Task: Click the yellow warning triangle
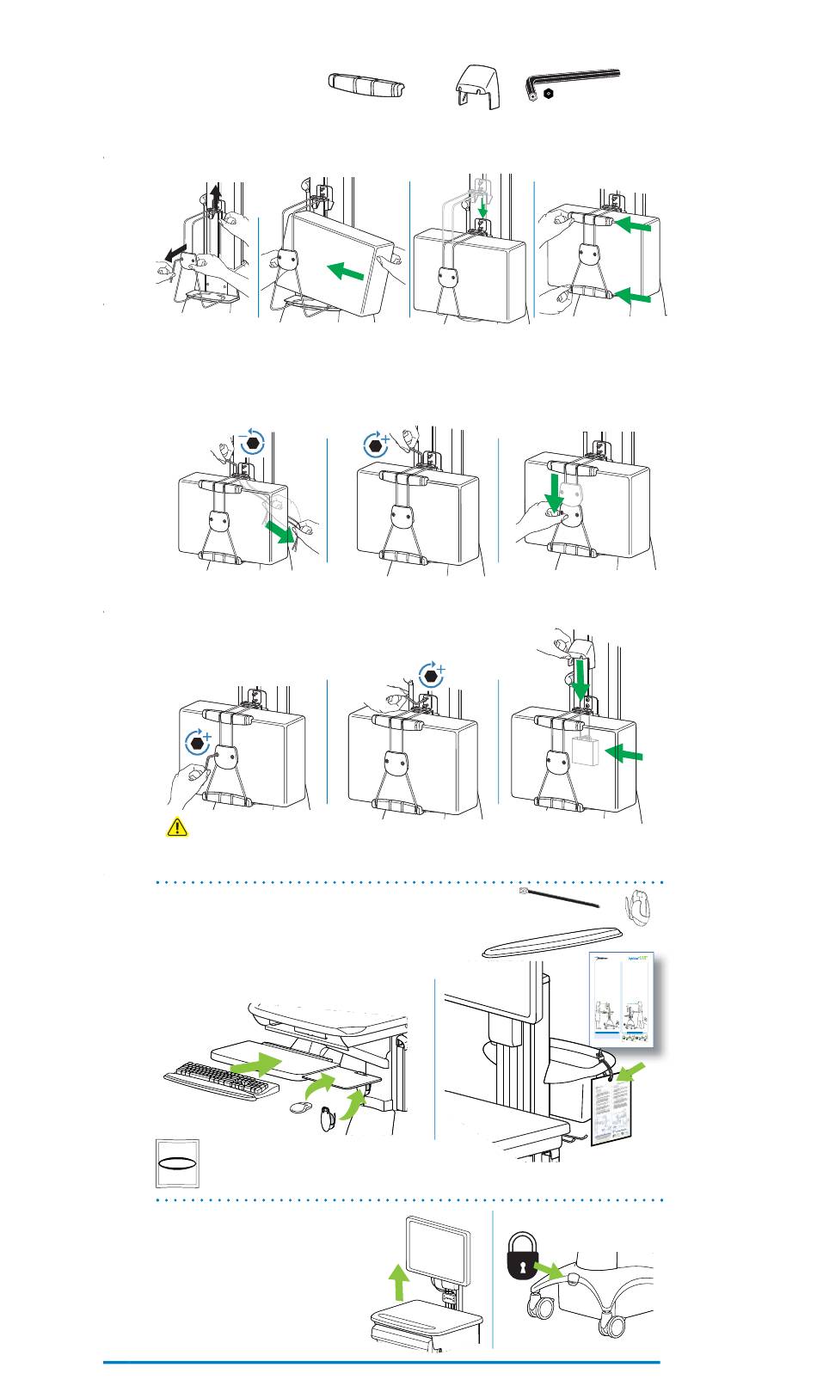175,827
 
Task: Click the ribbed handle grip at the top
367,86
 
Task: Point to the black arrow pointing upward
216,199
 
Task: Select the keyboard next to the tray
223,1079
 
